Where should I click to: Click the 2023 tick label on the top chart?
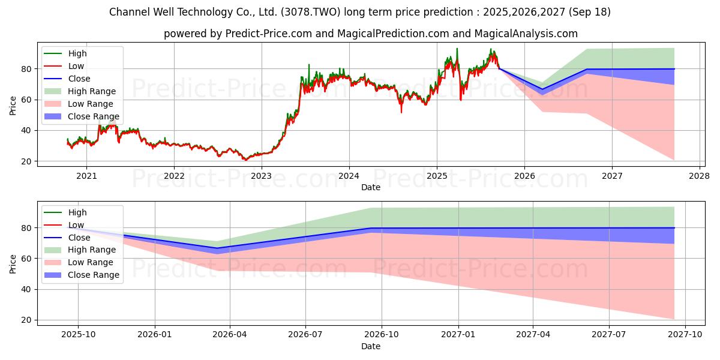tap(262, 176)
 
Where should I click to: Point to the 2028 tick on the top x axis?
tap(700, 176)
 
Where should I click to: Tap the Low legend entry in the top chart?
tap(76, 66)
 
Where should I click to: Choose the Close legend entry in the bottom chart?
tap(79, 238)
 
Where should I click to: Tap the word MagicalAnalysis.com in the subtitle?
tap(526, 34)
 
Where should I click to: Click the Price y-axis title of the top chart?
tap(13, 106)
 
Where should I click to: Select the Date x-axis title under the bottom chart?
tap(370, 346)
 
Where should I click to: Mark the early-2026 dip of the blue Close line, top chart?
tap(542, 89)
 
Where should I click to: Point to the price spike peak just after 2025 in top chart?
tap(457, 49)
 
